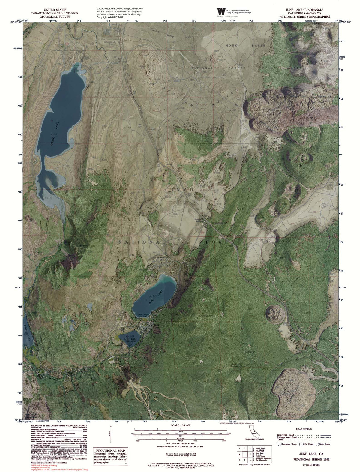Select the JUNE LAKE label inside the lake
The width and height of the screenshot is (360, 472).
tap(155, 299)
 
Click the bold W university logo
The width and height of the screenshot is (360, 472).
tap(221, 11)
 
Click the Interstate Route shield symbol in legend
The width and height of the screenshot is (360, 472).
tap(280, 444)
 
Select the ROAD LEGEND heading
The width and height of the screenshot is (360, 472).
tap(303, 429)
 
